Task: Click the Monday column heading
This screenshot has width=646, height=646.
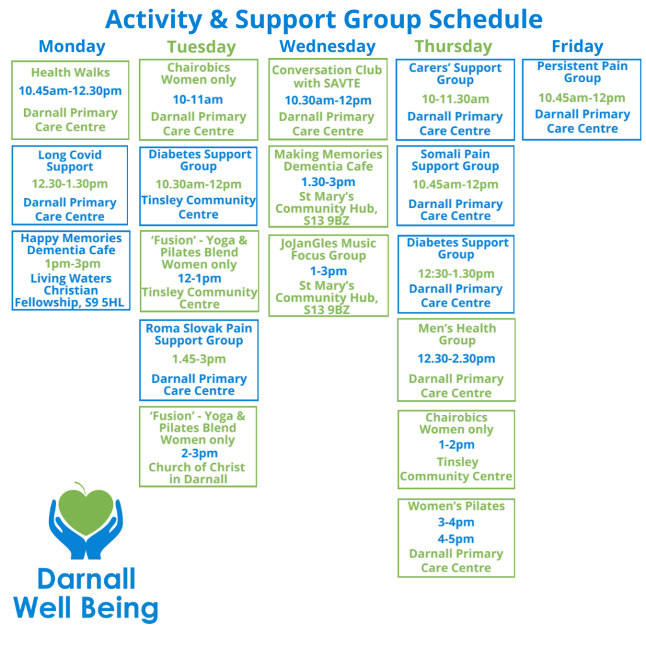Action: click(72, 46)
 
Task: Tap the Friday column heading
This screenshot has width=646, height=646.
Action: click(577, 46)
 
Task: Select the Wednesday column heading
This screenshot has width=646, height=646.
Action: click(327, 46)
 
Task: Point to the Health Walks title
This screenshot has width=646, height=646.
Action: click(70, 73)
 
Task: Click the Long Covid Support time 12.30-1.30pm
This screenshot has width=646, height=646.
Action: click(70, 184)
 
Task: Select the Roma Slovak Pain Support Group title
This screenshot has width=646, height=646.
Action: click(199, 334)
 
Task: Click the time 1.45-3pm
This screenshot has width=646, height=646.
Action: click(199, 359)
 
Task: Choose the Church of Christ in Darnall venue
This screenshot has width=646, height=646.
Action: click(197, 473)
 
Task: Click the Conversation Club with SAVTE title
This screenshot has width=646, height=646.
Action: click(327, 76)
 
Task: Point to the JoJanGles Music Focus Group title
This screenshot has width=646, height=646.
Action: click(328, 249)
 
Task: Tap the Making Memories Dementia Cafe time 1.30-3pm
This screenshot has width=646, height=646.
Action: click(328, 182)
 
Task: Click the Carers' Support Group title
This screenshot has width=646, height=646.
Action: click(455, 74)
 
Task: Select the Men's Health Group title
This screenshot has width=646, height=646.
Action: click(457, 334)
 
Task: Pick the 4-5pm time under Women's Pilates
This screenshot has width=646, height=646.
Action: click(455, 539)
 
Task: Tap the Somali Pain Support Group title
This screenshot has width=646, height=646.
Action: click(455, 160)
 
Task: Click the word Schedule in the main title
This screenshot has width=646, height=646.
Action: click(485, 19)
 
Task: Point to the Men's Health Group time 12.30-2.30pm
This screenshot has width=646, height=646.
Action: click(456, 359)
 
